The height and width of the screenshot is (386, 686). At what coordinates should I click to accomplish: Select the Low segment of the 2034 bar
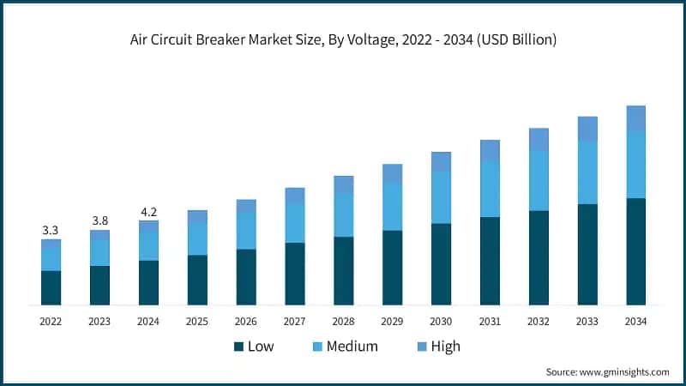[x=635, y=251]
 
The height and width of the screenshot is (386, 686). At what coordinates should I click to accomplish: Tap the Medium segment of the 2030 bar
[x=441, y=197]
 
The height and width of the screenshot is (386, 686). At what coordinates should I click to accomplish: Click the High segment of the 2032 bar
[x=539, y=139]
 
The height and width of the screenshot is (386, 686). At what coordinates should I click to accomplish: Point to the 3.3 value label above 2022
[x=51, y=231]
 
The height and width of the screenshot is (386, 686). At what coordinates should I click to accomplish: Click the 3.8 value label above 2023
[x=99, y=221]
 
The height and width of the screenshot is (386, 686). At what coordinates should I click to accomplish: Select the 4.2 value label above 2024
[x=148, y=212]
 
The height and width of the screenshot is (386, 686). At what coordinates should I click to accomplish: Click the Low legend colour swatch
[x=238, y=347]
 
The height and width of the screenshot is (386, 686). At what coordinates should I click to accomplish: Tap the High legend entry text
[x=445, y=347]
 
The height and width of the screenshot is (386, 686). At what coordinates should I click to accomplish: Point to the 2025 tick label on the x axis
[x=197, y=321]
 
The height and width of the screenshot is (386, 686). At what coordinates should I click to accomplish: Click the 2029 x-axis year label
[x=392, y=321]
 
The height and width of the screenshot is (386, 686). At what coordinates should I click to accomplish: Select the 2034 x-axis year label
[x=635, y=321]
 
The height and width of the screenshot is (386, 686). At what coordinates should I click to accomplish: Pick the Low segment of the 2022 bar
[x=51, y=287]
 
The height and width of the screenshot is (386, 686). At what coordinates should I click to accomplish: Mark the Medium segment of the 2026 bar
[x=246, y=231]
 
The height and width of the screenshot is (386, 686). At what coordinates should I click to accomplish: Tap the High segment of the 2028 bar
[x=343, y=184]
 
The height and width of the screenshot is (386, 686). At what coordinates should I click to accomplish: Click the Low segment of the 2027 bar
[x=295, y=274]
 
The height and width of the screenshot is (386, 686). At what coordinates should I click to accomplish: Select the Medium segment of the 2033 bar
[x=587, y=172]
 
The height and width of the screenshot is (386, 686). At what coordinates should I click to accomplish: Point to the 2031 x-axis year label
[x=490, y=321]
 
